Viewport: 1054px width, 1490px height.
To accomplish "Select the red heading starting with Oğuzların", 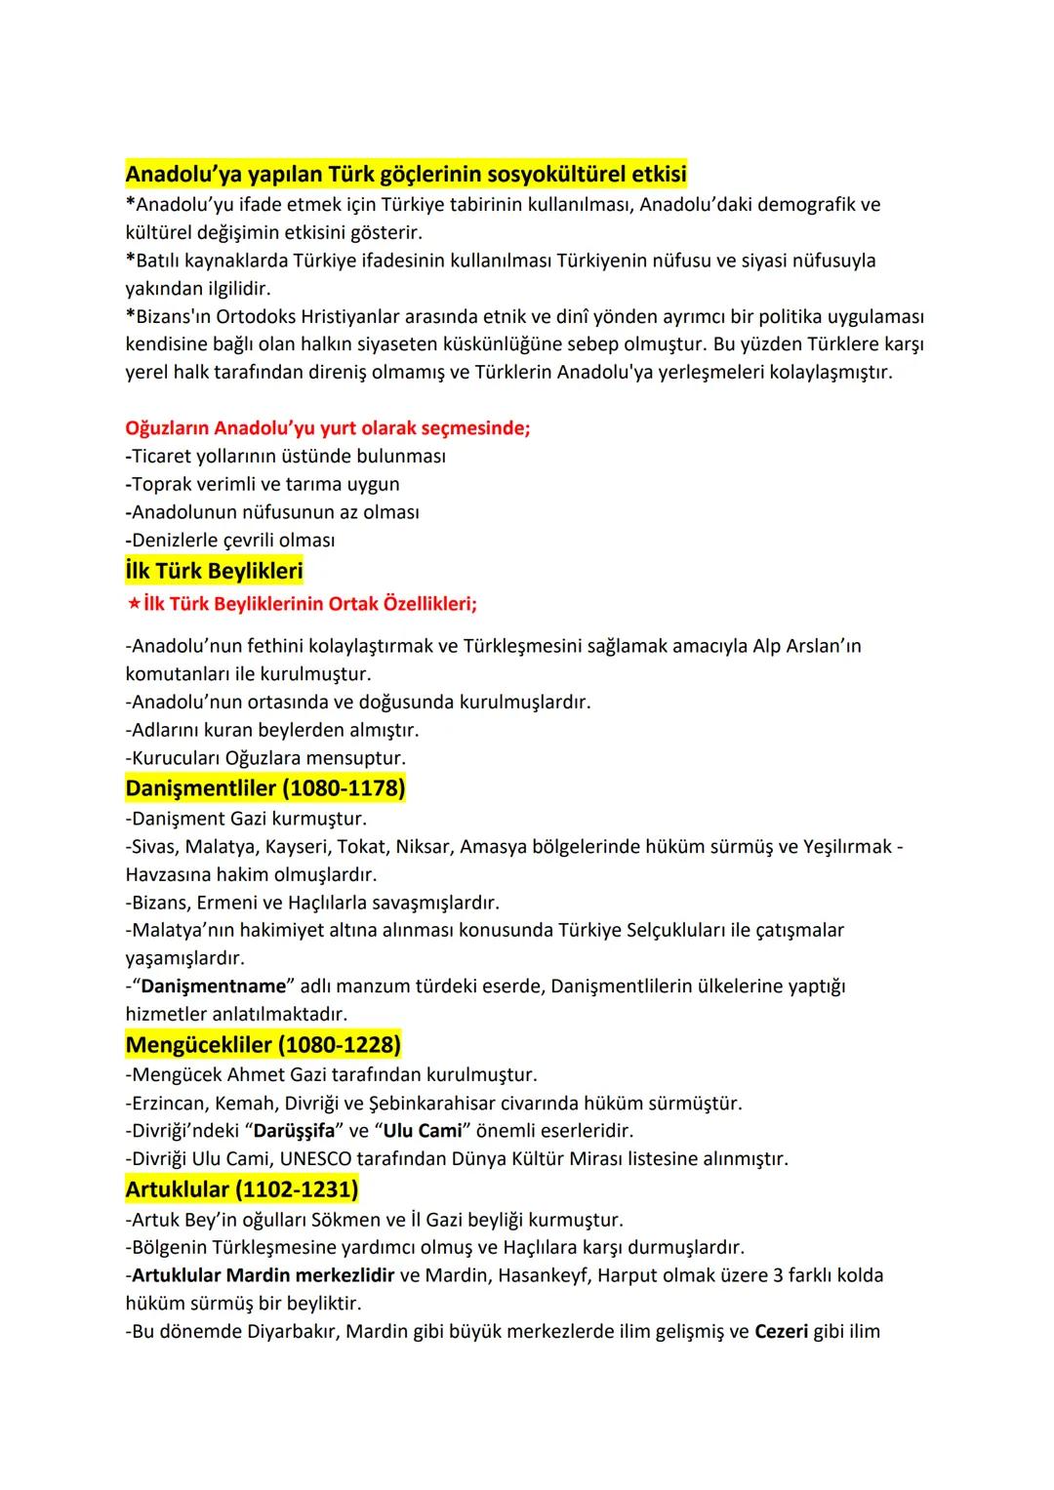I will (x=328, y=428).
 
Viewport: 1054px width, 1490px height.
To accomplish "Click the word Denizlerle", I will (x=180, y=541).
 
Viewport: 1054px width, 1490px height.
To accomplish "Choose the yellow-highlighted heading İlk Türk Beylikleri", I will (x=215, y=571).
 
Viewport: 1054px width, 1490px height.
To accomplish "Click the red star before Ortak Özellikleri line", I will (x=134, y=604).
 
